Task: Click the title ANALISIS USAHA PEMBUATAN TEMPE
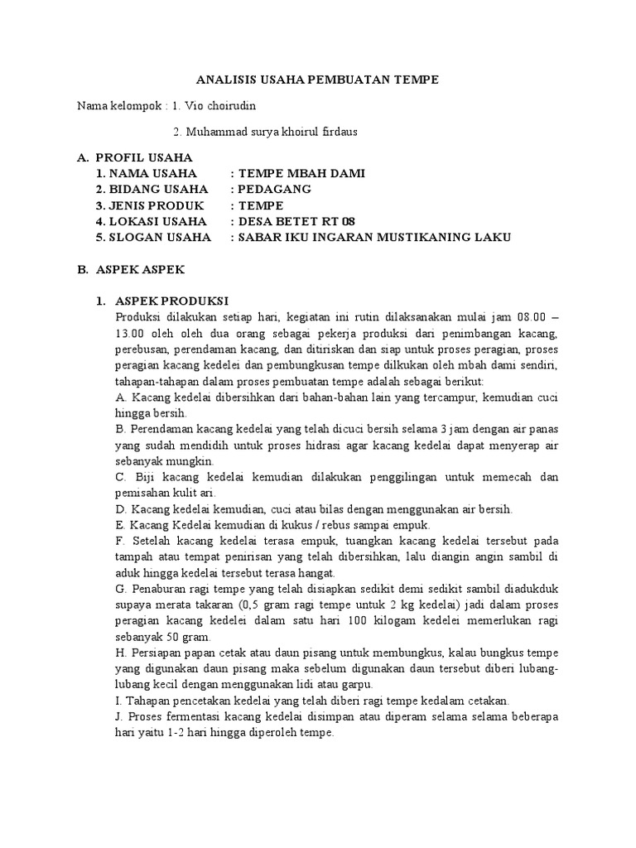click(x=317, y=79)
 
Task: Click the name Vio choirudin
click(x=230, y=106)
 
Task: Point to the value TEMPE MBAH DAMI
click(x=301, y=173)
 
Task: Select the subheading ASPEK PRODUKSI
click(x=171, y=301)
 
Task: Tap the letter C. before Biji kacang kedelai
click(x=121, y=478)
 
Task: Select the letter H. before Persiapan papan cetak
click(x=121, y=654)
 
